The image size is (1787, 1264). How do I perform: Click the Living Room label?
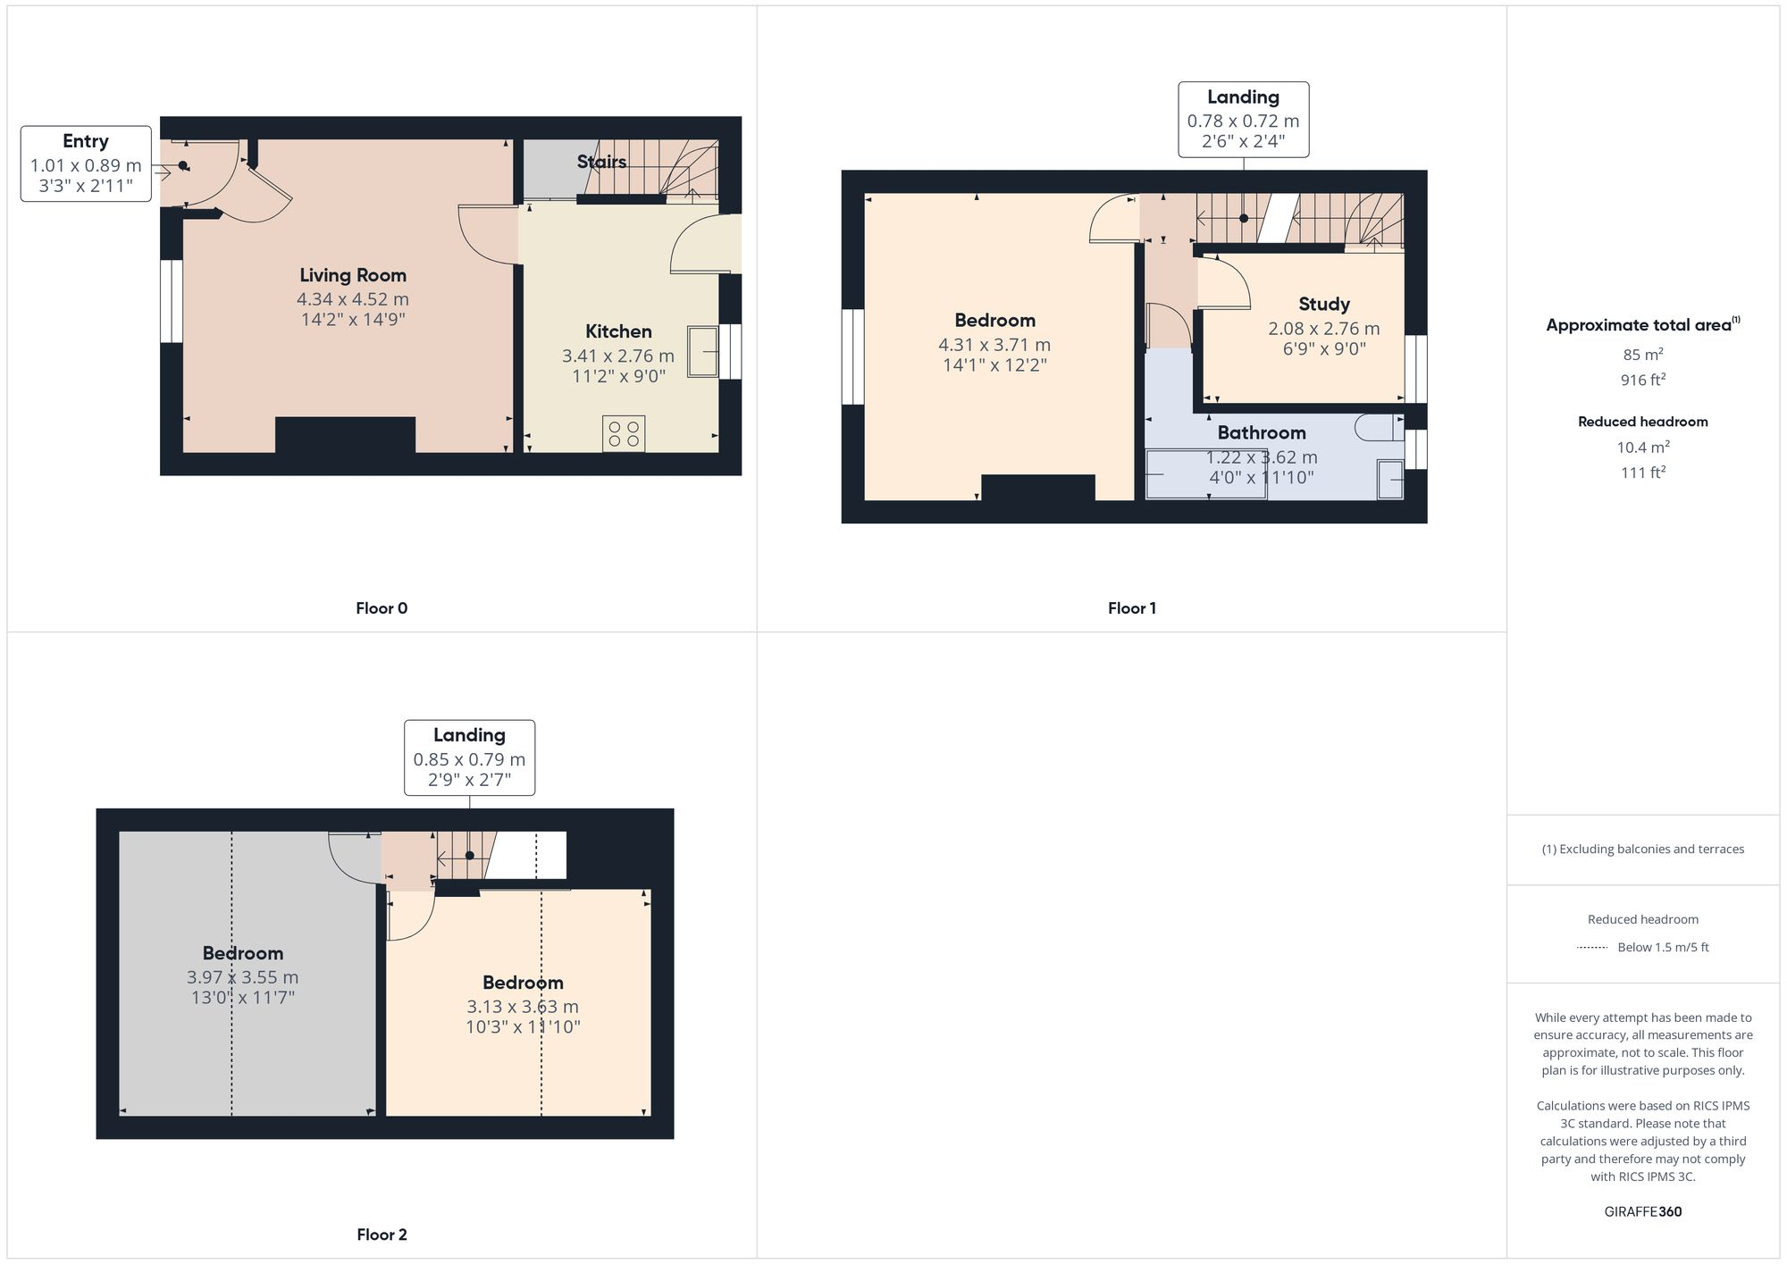tap(352, 275)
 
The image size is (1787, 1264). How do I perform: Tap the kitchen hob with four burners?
tap(624, 434)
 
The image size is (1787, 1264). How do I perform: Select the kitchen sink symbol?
tap(702, 352)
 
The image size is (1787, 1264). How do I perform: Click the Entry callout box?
tap(86, 163)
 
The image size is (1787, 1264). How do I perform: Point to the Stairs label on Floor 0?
tap(600, 162)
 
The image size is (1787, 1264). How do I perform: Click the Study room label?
tap(1323, 304)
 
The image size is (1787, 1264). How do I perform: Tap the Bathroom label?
tap(1261, 432)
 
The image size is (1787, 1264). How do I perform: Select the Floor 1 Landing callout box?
tap(1243, 120)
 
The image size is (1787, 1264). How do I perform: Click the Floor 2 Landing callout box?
tap(469, 758)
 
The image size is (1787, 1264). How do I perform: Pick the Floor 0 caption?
tap(382, 608)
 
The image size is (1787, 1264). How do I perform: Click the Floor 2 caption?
tap(382, 1235)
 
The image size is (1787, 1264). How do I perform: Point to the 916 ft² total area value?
tap(1642, 380)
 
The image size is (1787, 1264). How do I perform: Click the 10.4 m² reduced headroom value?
tap(1642, 447)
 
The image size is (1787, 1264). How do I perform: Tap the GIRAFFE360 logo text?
tap(1642, 1211)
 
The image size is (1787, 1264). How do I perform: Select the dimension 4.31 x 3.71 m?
tap(994, 345)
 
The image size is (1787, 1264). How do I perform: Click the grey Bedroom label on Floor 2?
tap(242, 953)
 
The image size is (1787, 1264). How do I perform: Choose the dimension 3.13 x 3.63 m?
tap(523, 1007)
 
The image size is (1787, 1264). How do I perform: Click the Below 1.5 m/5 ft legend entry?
tap(1662, 947)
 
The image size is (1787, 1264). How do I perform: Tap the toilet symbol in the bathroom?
tap(1378, 428)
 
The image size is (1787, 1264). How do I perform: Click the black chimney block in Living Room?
tap(345, 435)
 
